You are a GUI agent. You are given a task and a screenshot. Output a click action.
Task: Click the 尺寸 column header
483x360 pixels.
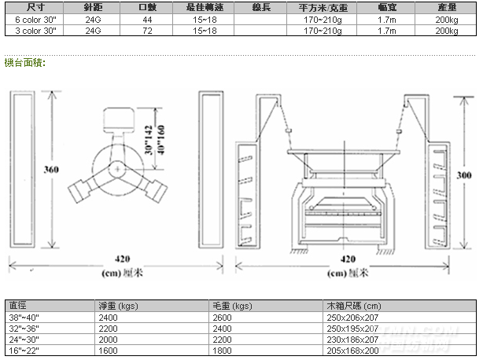[31, 6]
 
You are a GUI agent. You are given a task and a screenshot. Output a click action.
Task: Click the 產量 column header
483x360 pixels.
[446, 6]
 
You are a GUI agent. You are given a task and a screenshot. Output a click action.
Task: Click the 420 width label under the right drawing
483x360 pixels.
[348, 258]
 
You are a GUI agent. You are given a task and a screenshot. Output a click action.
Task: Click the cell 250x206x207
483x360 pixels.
[353, 316]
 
